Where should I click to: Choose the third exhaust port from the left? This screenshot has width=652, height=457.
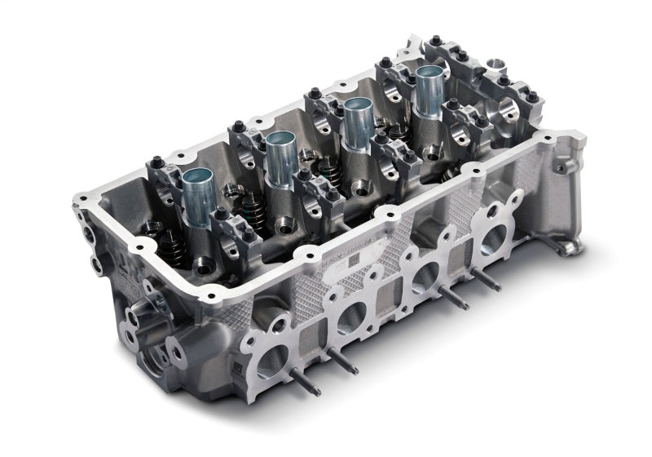(425, 277)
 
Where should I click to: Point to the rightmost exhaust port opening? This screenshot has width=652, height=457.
(491, 240)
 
